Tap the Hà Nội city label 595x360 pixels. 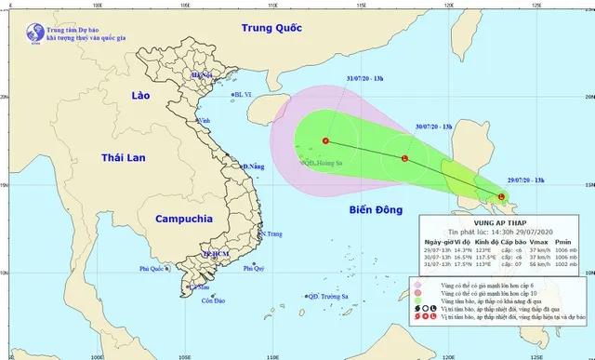(202, 74)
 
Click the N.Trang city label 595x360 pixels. (271, 234)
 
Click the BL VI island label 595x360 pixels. (244, 94)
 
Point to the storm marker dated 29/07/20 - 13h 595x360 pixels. (502, 196)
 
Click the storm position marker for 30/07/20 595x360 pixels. (404, 159)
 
